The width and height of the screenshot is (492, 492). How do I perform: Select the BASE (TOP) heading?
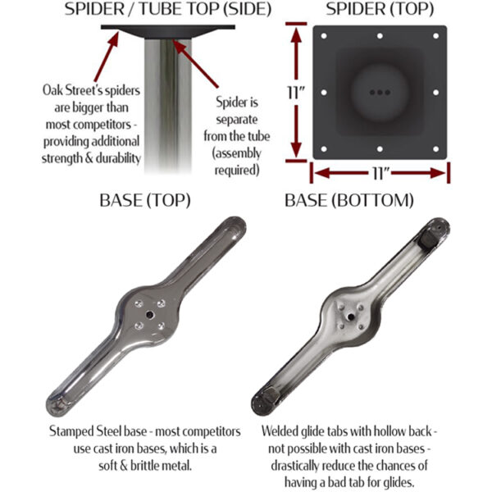tap(145, 199)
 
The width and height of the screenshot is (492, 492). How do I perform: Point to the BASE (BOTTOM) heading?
tap(348, 199)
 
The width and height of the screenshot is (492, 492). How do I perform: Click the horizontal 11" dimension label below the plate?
tap(380, 173)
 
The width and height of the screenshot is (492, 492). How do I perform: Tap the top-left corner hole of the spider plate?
tap(324, 36)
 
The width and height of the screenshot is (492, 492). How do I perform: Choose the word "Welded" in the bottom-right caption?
tap(283, 430)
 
